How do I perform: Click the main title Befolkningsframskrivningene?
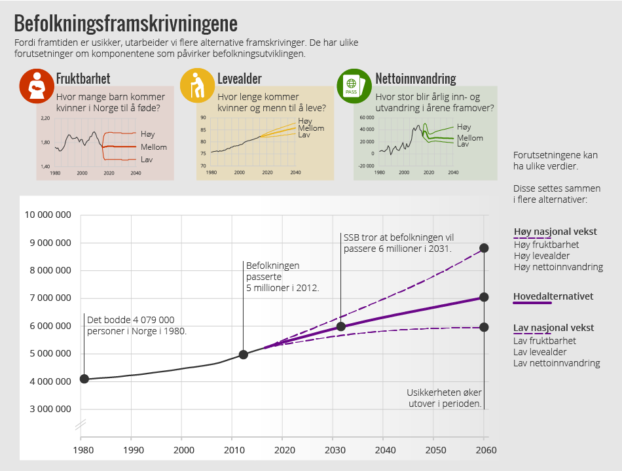tap(126, 24)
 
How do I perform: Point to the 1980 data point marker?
tap(84, 379)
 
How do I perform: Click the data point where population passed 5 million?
tap(244, 355)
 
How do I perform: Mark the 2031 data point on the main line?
tap(341, 326)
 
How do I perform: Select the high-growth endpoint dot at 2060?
tap(484, 248)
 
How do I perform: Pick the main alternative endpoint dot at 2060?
tap(484, 297)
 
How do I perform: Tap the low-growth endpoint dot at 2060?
tap(484, 327)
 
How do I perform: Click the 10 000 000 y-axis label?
tap(48, 215)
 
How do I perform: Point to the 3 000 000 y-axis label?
tap(48, 410)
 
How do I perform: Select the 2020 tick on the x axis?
tap(285, 450)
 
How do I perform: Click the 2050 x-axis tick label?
tap(435, 450)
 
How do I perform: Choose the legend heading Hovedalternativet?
tap(553, 296)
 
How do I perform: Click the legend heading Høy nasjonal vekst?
tap(555, 232)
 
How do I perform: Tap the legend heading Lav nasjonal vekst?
tap(553, 328)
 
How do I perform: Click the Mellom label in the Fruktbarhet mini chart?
tap(154, 147)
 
